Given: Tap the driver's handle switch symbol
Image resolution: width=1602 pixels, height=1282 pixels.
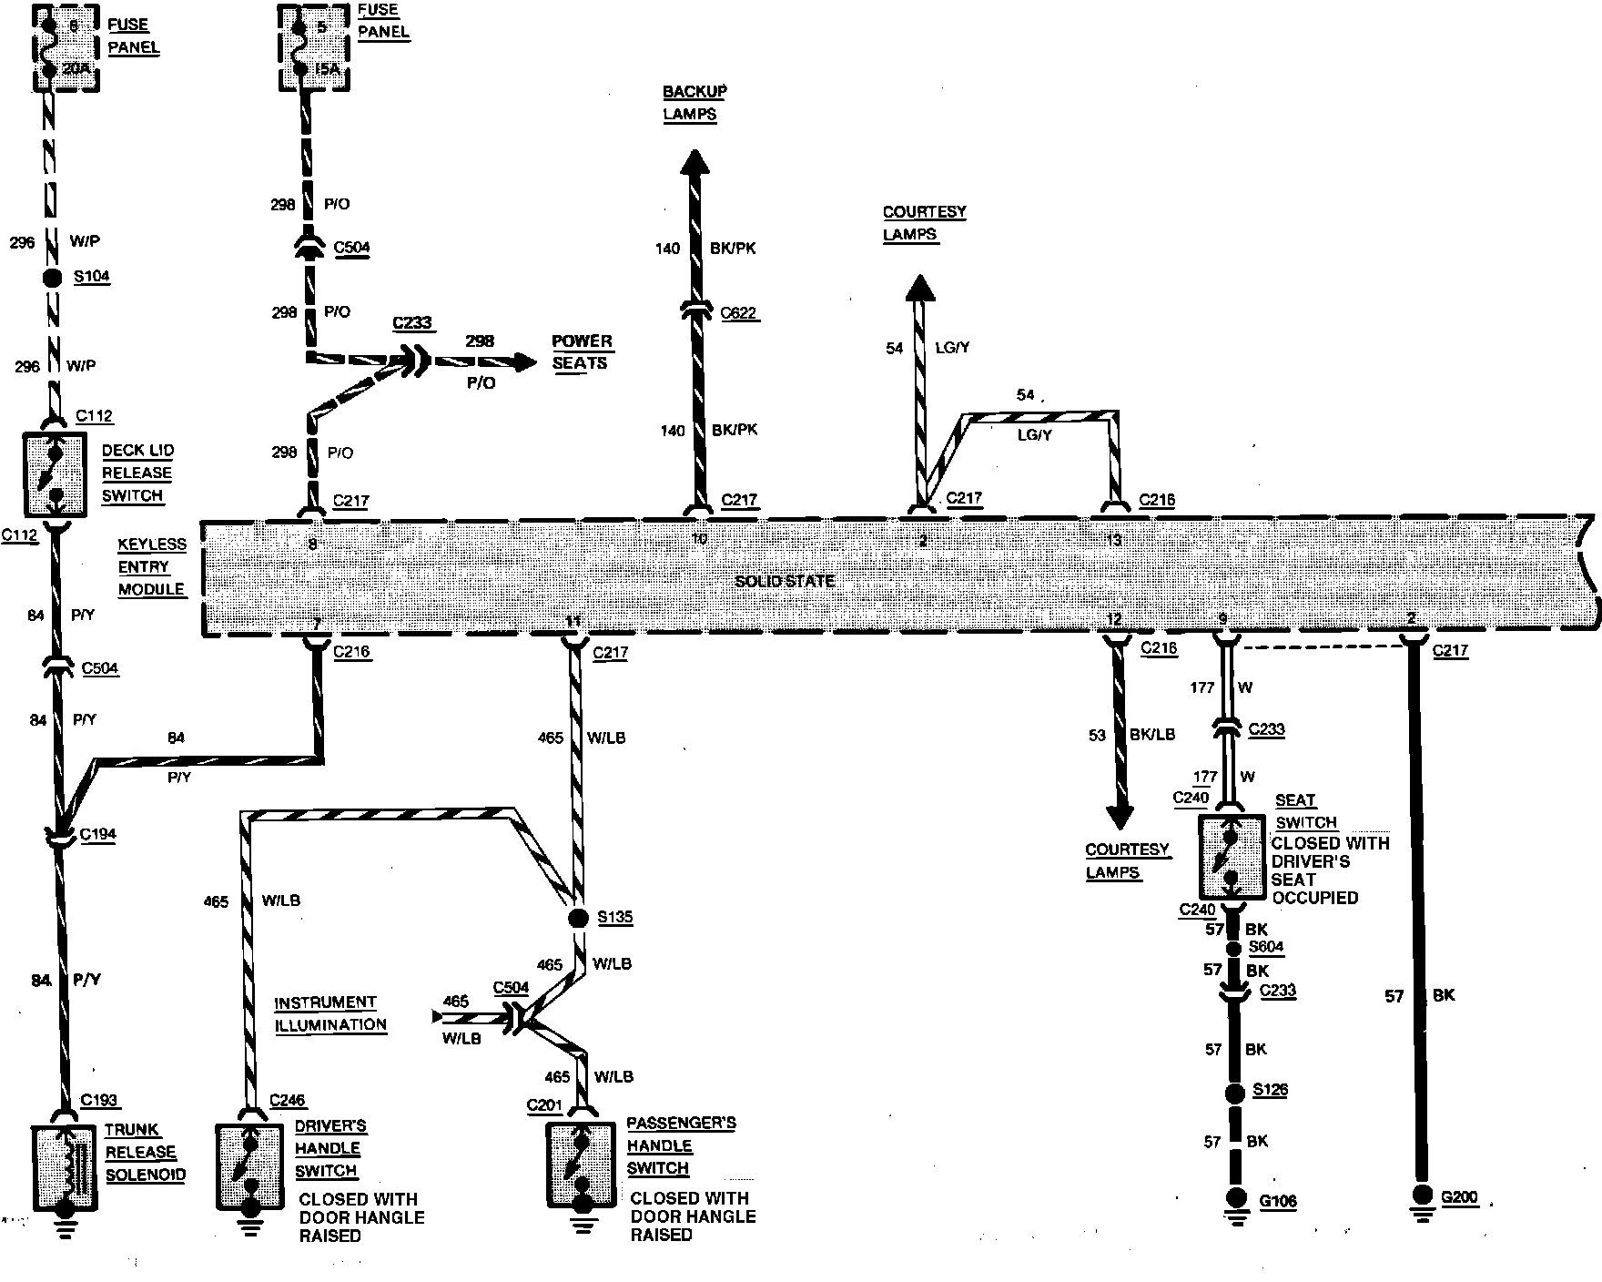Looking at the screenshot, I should coord(249,1166).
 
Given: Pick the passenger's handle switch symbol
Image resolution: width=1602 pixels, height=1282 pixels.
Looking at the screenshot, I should coord(581,1165).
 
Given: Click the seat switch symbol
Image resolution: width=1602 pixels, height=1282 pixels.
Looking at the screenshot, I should coord(1230,857).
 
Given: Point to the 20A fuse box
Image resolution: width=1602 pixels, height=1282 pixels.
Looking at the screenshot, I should coord(65,46).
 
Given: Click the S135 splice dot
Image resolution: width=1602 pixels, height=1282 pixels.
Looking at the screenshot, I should coord(576,918).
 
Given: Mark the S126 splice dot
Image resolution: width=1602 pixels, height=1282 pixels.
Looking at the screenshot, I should coord(1234,1092).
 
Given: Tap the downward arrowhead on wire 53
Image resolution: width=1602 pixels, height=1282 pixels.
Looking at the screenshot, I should coord(1120,816).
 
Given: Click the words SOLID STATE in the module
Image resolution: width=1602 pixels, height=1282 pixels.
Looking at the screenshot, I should coord(785,581).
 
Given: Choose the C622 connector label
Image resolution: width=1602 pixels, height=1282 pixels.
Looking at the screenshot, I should coord(738,313).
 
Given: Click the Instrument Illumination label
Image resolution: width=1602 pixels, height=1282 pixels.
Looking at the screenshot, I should coord(330,1013).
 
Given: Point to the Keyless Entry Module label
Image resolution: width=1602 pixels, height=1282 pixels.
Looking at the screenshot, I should coord(151,566).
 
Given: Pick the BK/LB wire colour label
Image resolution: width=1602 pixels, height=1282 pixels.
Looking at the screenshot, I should coord(1152,734).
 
